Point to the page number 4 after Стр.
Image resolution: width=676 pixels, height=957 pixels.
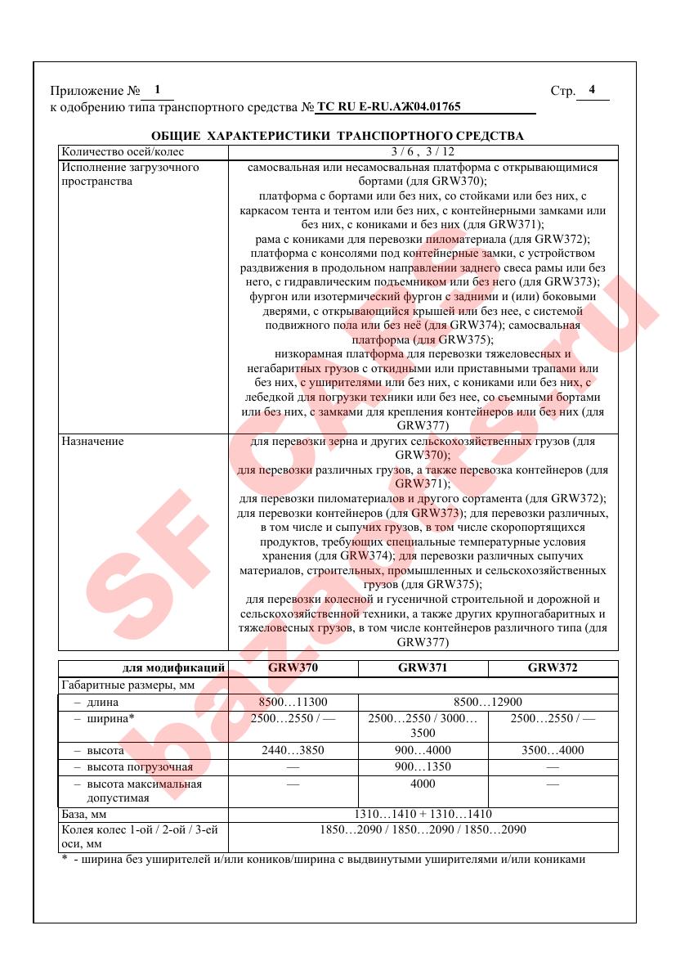(592, 90)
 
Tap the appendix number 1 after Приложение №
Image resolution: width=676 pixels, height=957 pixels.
(157, 90)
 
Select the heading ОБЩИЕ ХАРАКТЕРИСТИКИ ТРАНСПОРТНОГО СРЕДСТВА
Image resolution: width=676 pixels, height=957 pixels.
(338, 136)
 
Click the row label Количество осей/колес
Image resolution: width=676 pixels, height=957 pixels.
(123, 152)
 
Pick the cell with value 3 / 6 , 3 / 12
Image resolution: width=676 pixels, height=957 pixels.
(423, 152)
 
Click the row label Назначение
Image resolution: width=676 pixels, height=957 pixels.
(93, 442)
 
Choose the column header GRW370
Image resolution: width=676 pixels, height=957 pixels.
(293, 667)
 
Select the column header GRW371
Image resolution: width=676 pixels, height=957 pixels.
(423, 667)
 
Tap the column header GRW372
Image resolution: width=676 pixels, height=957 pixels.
(553, 667)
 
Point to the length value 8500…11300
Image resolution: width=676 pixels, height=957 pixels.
(293, 702)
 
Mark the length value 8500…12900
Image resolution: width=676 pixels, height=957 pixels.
(487, 702)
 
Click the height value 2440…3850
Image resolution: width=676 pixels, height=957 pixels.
(293, 750)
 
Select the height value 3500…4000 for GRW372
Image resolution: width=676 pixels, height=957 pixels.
(553, 750)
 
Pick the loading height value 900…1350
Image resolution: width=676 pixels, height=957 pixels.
(423, 767)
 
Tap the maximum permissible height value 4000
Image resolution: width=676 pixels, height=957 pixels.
(423, 784)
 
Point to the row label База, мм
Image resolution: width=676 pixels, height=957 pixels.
(84, 815)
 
